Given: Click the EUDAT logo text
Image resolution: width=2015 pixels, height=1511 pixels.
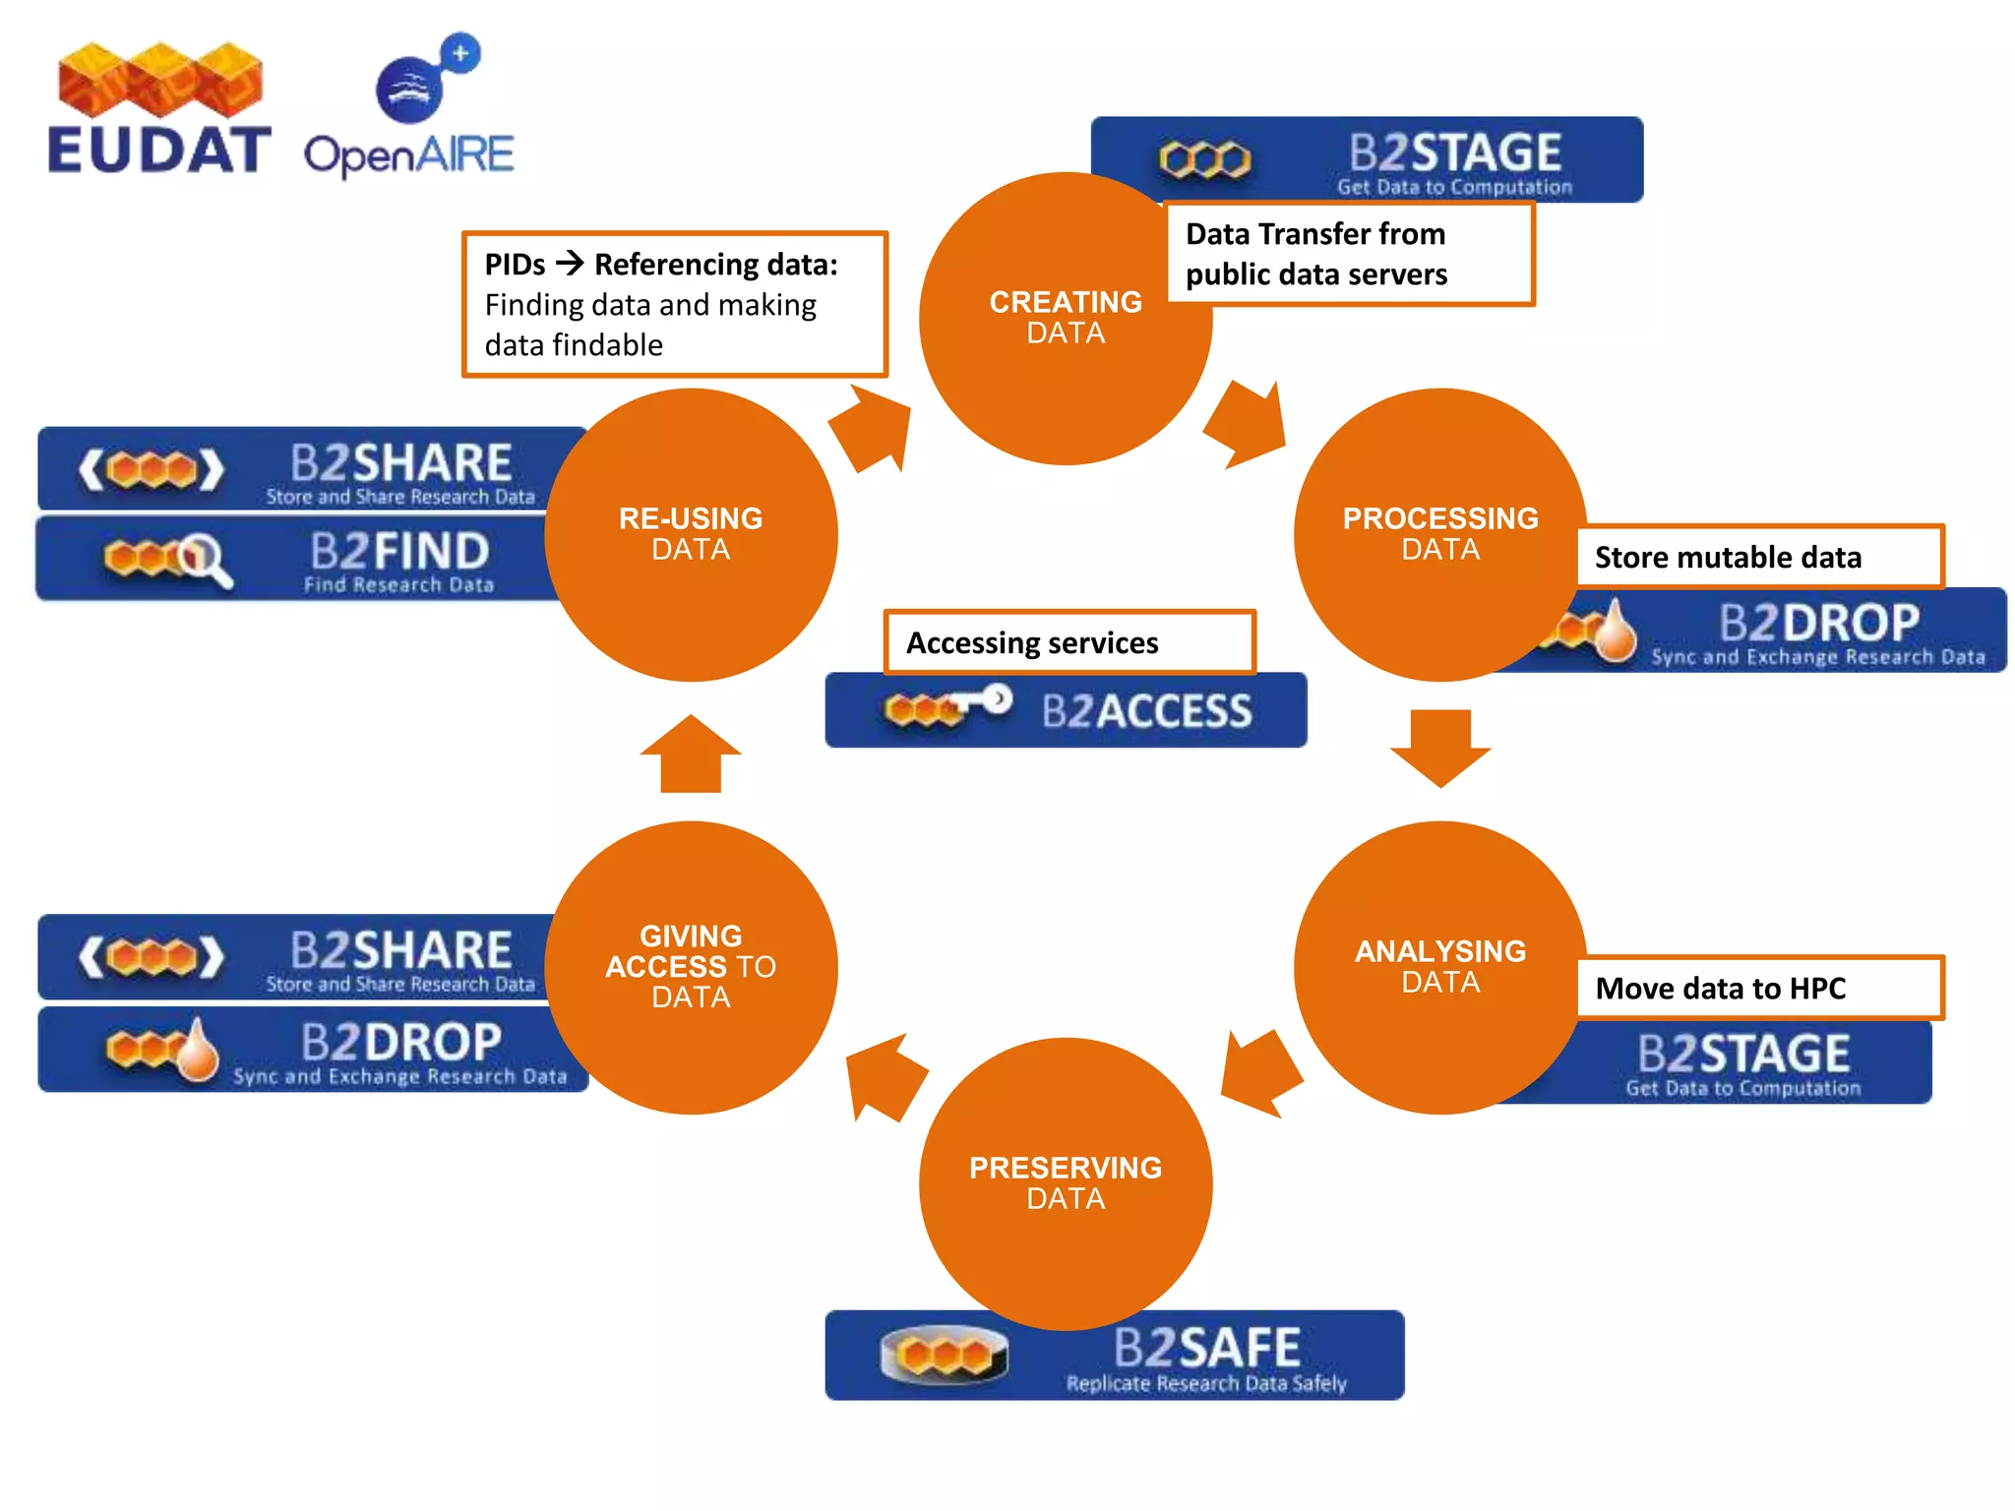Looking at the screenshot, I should (157, 151).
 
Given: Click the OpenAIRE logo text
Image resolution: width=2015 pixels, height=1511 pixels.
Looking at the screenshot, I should (408, 155).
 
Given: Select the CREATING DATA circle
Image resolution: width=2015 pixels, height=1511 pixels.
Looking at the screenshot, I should (1065, 318).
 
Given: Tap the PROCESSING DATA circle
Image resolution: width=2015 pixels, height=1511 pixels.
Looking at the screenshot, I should (1439, 534).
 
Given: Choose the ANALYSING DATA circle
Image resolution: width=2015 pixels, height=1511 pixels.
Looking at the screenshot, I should (1439, 967).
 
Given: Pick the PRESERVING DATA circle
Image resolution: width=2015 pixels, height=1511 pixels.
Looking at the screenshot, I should (1065, 1183).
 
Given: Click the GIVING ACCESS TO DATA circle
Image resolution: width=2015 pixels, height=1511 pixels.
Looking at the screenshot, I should (691, 967).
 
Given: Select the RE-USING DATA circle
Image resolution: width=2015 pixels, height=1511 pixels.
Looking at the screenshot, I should (691, 534).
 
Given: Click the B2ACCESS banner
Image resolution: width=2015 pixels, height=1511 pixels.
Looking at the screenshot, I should (1066, 710).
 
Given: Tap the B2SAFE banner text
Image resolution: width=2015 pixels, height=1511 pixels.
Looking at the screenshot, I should (1206, 1349).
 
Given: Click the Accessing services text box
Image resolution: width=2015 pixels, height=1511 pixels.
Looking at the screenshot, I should (1069, 642).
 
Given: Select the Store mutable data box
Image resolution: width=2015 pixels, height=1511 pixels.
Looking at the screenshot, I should (1759, 557).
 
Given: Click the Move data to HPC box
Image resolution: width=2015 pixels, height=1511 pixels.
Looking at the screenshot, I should (1759, 988).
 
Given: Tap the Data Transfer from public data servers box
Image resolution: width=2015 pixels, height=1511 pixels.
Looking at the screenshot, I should (1348, 254).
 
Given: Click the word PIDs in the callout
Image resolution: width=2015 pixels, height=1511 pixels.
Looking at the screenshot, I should (515, 265).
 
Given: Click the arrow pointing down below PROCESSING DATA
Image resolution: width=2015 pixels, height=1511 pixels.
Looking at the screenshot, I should (1439, 748).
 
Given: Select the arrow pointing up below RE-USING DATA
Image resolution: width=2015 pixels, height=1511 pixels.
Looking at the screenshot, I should (691, 754).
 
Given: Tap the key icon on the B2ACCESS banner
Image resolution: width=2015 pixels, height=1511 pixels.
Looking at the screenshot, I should (980, 701).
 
